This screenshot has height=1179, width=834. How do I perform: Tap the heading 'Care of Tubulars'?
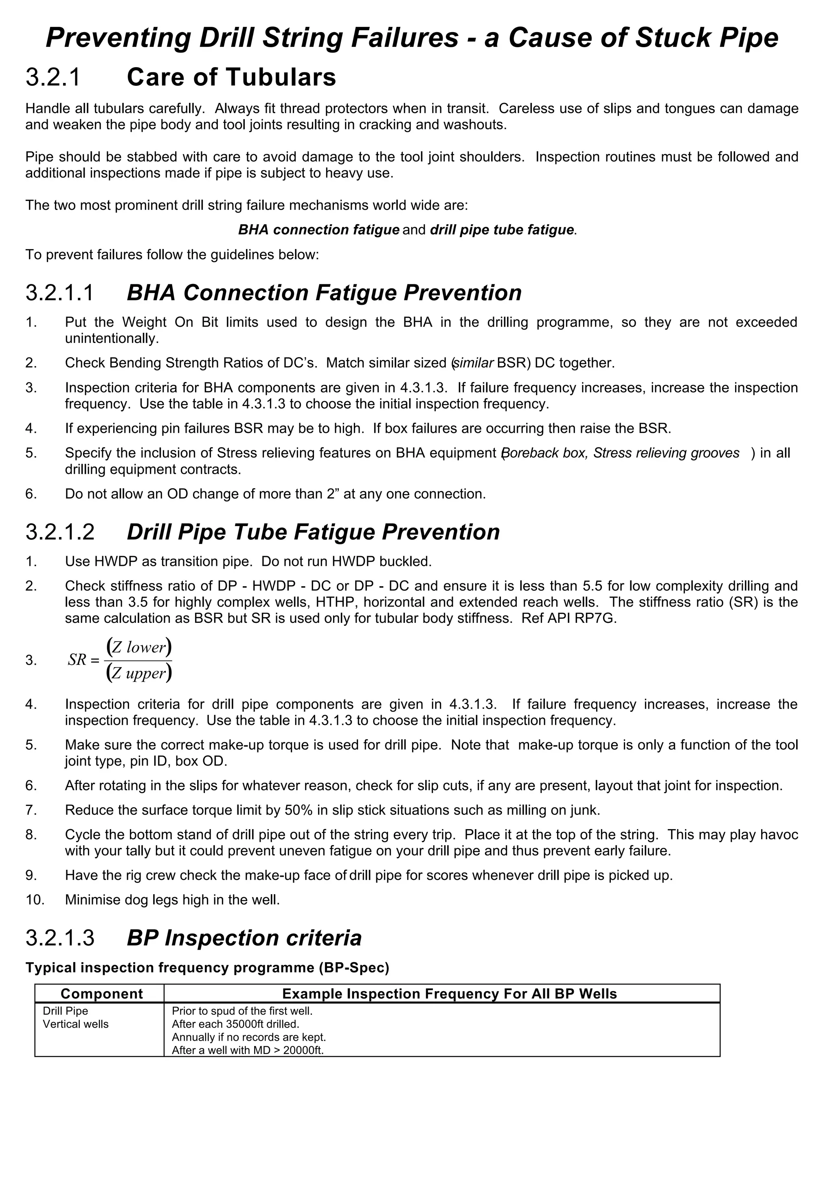tap(231, 78)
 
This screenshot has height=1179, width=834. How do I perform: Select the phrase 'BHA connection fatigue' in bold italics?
tap(318, 229)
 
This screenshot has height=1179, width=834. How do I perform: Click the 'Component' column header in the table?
tap(102, 993)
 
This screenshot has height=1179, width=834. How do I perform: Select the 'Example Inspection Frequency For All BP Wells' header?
tap(449, 993)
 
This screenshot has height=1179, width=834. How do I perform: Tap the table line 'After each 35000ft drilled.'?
tap(235, 1024)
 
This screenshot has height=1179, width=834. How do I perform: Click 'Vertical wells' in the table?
tap(75, 1024)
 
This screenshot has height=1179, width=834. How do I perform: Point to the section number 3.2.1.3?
tap(59, 938)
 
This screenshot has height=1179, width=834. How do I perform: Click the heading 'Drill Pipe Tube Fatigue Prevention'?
tap(313, 532)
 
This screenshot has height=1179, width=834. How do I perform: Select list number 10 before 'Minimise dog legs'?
tap(35, 900)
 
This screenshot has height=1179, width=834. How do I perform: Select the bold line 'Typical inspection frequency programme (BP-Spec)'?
tap(208, 968)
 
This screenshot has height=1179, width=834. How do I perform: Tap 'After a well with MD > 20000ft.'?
tap(248, 1050)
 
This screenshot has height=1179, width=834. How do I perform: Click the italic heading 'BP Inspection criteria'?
tap(244, 938)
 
